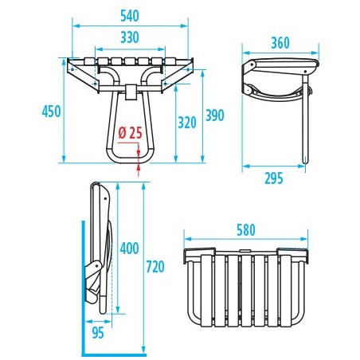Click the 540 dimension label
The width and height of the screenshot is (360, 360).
[130, 16]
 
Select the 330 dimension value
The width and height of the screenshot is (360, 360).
[130, 37]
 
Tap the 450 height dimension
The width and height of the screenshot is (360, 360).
[52, 112]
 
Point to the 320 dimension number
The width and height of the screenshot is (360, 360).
[187, 123]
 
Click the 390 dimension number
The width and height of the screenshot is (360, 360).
[215, 115]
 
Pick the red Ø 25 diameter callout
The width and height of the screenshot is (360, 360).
[130, 133]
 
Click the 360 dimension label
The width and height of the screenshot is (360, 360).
[280, 43]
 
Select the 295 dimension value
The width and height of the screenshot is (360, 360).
[274, 178]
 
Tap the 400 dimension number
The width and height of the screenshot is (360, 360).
[129, 248]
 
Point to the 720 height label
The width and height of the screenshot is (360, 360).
[155, 267]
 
